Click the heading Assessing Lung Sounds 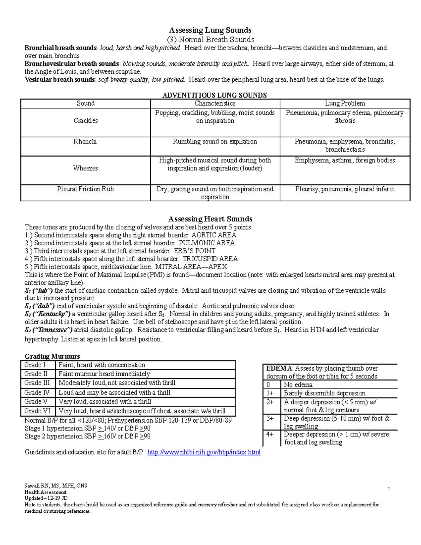click(210, 30)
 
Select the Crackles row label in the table click(86, 121)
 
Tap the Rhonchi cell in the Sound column click(85, 142)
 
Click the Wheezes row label click(85, 168)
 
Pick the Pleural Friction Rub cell click(85, 189)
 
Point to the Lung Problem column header click(345, 104)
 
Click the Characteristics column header click(215, 104)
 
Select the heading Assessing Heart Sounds click(210, 219)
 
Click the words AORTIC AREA click(214, 235)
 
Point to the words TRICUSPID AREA click(210, 259)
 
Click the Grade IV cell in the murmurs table click(37, 393)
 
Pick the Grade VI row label click(37, 411)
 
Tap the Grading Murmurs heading click(52, 357)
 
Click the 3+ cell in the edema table click(270, 419)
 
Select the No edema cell click(298, 385)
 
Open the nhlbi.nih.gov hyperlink click(204, 452)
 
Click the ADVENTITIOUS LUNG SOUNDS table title click(215, 95)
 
